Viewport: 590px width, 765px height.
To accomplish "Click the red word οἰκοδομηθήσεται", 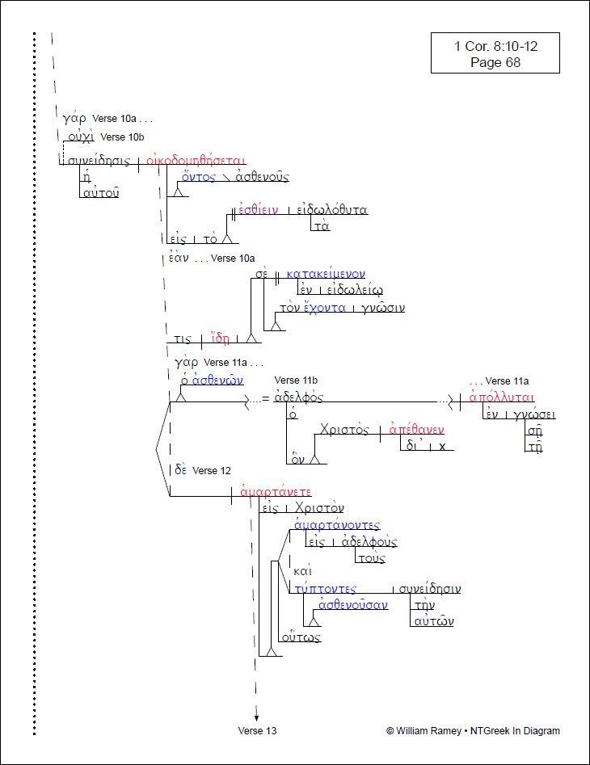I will [x=196, y=160].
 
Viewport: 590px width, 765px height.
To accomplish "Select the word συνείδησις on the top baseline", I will [x=99, y=161].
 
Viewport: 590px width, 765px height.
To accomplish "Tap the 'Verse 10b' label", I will [x=123, y=137].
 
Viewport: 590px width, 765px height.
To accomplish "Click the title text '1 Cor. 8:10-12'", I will [x=495, y=46].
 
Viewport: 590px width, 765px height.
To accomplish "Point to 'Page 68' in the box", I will [x=495, y=62].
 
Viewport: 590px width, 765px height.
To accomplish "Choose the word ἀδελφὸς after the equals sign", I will [x=299, y=397].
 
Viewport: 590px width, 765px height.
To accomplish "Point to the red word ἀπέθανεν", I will [x=417, y=430].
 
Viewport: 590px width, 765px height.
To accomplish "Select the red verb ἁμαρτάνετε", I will [x=276, y=492].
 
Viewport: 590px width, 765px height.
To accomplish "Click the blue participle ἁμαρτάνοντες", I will [x=338, y=526].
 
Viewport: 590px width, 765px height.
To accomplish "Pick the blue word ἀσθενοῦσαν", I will [x=353, y=604].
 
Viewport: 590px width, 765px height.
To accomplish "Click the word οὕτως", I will [x=301, y=637].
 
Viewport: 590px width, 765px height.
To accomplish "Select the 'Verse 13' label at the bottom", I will [x=257, y=731].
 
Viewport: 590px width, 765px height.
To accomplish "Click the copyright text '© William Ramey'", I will [x=424, y=731].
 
